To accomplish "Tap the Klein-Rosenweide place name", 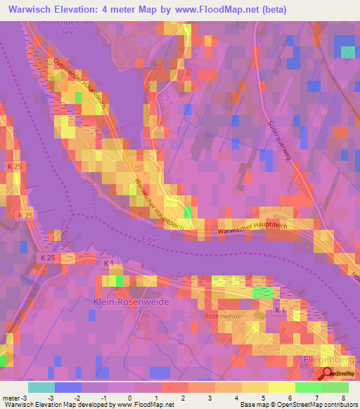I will [131, 301].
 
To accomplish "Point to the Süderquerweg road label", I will [279, 139].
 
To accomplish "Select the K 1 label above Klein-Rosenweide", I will [108, 264].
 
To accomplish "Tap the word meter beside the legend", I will [12, 397].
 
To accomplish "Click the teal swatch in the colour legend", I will [41, 387].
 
